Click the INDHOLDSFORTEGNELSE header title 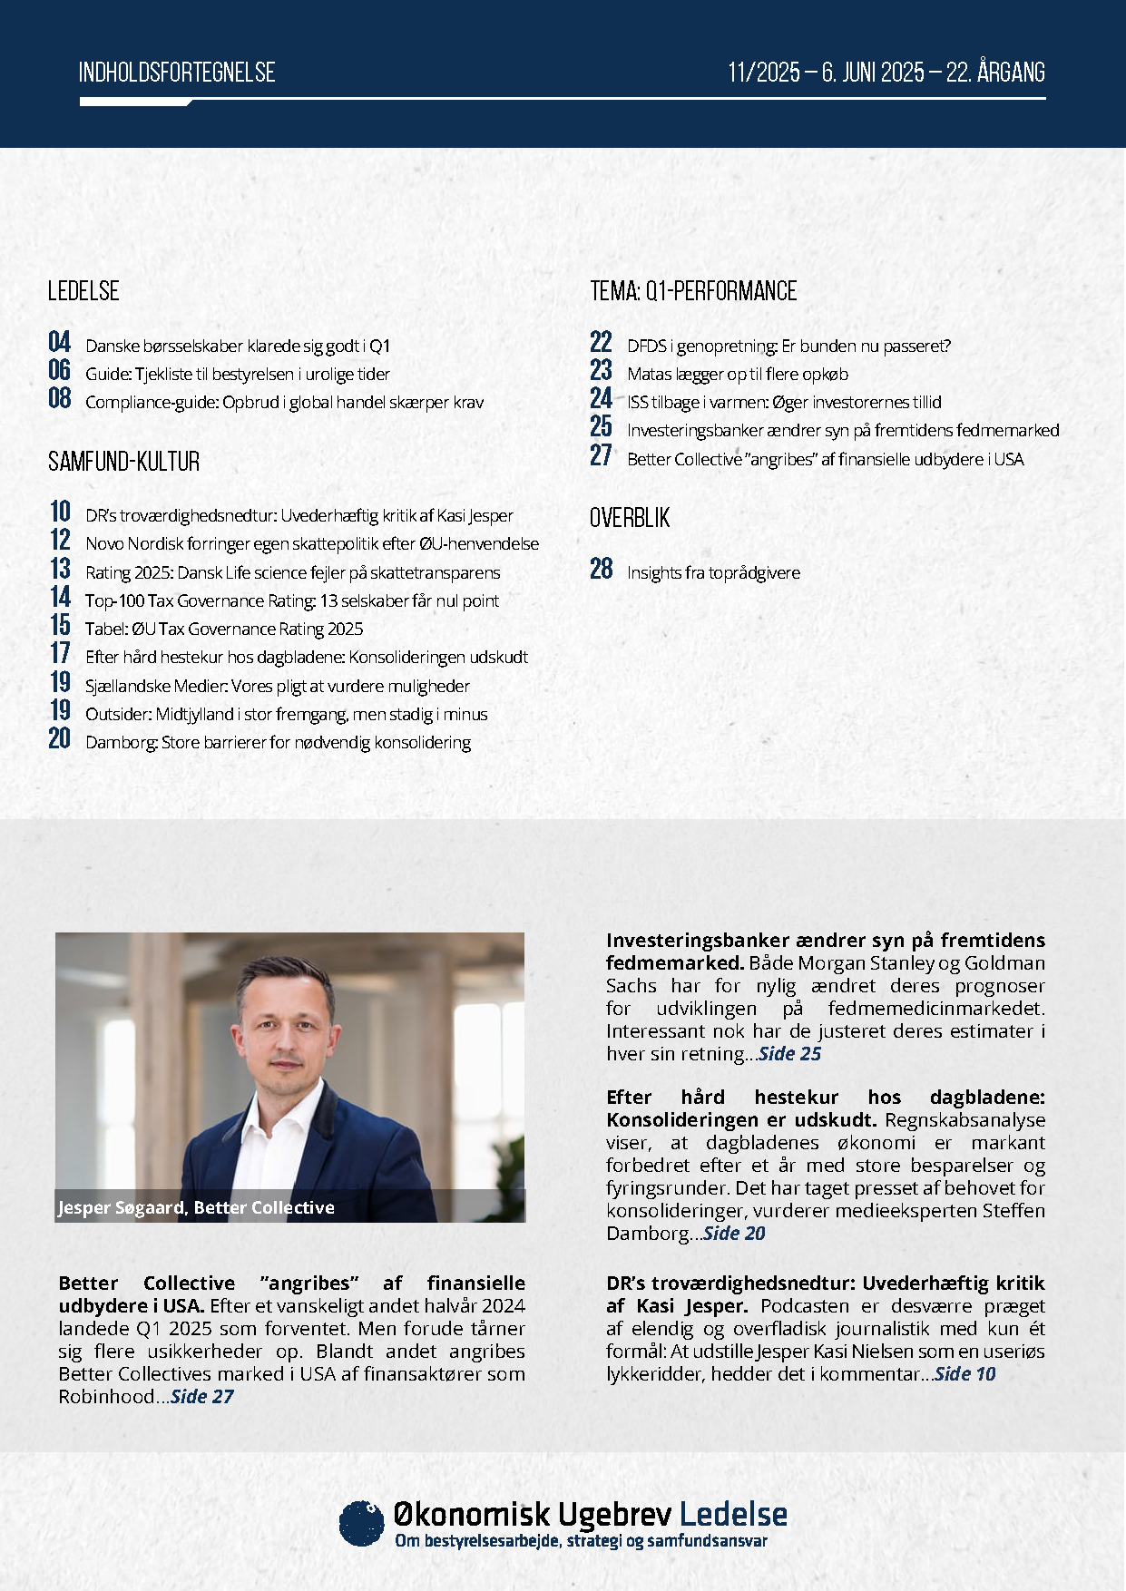tap(177, 73)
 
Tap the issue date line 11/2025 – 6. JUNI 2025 tap(886, 73)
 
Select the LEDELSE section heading tap(83, 291)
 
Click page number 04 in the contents tap(60, 342)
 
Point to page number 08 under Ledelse tap(60, 398)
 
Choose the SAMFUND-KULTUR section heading tap(123, 462)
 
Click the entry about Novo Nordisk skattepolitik tap(311, 544)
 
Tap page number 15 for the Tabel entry tap(60, 625)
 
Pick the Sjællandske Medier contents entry tap(277, 686)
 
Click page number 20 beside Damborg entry tap(60, 738)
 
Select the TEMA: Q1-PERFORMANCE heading tap(693, 291)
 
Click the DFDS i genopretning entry tap(788, 346)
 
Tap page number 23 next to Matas tap(601, 370)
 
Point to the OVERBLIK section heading tap(630, 518)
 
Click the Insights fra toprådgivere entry tap(713, 572)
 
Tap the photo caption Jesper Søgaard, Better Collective tap(196, 1207)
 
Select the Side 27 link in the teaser tap(202, 1397)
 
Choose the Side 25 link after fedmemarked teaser tap(789, 1054)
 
